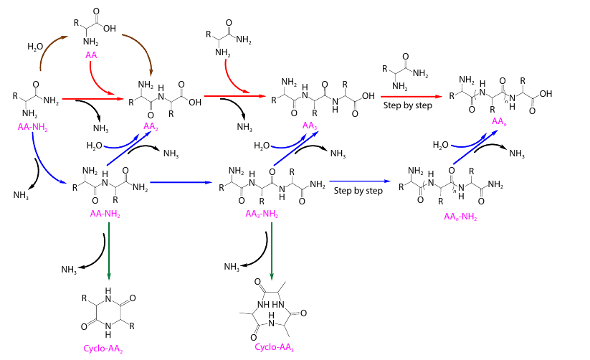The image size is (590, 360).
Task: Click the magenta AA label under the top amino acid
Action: [91, 55]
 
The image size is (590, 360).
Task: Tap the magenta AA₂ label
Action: [151, 127]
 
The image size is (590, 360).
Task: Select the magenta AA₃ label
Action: [310, 126]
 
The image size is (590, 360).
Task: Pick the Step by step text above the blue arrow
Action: [358, 190]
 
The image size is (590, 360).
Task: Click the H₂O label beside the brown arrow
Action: [35, 47]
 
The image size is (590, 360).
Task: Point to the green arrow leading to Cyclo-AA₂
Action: [109, 251]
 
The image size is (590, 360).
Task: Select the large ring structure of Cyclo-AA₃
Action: [272, 309]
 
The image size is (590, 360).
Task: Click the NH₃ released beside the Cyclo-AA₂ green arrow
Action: [70, 270]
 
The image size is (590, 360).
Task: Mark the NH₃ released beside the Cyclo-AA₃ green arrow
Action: [232, 267]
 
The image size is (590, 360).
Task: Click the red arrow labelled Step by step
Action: [410, 95]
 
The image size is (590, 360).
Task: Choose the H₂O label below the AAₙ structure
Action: [442, 145]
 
